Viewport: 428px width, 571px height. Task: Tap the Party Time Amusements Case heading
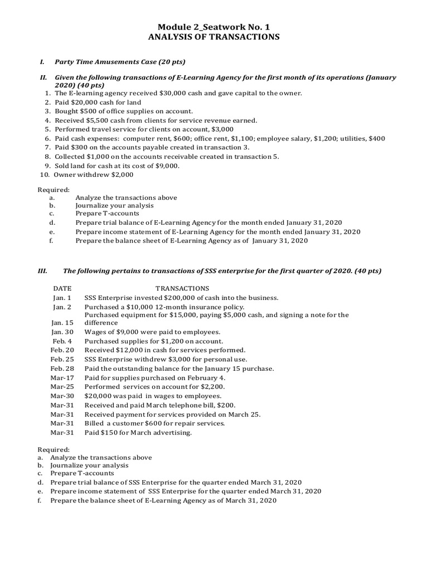[x=120, y=61]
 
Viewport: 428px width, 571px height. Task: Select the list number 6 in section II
[x=48, y=138]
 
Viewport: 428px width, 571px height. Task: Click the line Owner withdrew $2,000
[x=94, y=174]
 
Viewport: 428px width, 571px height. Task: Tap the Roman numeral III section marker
[x=42, y=270]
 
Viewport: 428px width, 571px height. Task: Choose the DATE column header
[x=62, y=288]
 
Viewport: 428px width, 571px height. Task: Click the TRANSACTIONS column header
[x=182, y=288]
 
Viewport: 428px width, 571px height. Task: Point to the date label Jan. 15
[x=62, y=323]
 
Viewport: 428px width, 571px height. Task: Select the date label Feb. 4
[x=62, y=341]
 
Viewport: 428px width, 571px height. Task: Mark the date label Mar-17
[x=61, y=378]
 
